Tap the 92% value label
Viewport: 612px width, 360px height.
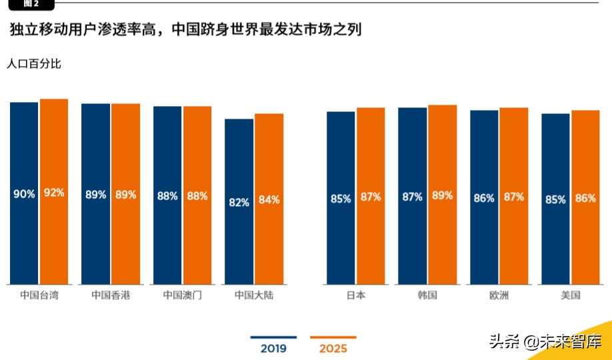point(54,193)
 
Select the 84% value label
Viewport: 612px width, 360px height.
point(269,199)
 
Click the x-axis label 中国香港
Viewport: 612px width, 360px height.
point(111,295)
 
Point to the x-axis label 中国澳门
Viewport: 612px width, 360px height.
point(182,295)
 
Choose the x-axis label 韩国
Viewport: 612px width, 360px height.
point(427,295)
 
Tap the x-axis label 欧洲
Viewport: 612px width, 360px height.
point(499,295)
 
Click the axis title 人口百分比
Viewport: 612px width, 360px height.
point(33,65)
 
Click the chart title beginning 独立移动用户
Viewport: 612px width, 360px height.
point(185,29)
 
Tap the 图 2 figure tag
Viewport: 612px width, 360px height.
point(31,4)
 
